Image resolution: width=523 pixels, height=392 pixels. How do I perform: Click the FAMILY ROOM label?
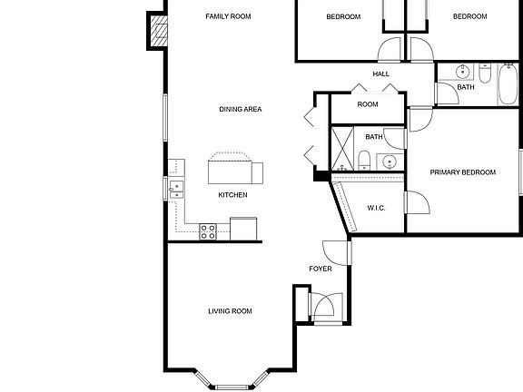[228, 16]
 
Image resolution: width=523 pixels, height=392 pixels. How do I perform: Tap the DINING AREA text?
[241, 110]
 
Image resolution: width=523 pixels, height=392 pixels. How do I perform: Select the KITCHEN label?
[232, 195]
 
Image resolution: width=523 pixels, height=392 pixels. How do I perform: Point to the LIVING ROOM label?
[230, 311]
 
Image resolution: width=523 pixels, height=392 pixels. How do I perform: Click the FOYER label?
[321, 269]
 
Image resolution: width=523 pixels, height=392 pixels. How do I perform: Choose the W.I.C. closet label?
[376, 209]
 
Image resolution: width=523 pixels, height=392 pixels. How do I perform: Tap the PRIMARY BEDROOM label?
[463, 172]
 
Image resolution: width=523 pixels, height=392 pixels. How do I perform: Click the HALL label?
[380, 74]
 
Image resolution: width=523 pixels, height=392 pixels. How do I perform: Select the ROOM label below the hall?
[367, 105]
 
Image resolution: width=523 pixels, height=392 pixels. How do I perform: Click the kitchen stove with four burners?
[208, 231]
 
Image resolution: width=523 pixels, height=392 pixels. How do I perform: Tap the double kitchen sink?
[175, 189]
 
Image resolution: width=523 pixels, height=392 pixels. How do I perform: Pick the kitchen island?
[234, 170]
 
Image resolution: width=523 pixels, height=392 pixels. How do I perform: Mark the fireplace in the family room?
[159, 33]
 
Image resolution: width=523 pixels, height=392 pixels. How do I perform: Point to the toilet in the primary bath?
[364, 162]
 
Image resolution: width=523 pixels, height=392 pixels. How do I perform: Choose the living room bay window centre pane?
[231, 386]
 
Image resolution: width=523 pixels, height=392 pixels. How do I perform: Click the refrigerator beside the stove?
[243, 229]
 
